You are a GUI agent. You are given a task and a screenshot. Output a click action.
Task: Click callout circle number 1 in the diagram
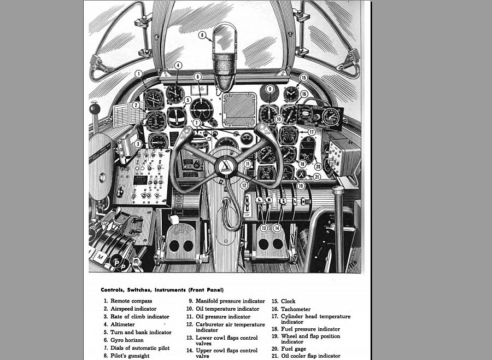(x=139, y=73)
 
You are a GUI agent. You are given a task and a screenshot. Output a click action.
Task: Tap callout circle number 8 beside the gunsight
(x=202, y=36)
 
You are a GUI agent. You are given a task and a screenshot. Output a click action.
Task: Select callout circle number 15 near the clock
(x=304, y=78)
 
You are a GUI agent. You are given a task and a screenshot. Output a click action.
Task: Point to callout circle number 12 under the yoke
(x=244, y=185)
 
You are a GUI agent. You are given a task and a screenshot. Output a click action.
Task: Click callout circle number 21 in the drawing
(x=317, y=177)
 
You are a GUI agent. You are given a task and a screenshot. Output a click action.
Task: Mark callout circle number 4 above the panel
(x=178, y=65)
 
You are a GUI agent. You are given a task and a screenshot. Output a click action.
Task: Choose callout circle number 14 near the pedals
(x=277, y=228)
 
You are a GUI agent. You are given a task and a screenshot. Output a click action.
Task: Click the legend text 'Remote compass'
(x=131, y=301)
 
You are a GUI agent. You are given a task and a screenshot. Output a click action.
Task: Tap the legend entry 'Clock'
(x=288, y=301)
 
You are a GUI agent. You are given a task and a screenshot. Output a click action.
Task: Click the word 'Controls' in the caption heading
(x=114, y=289)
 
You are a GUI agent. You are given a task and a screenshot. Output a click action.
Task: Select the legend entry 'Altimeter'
(x=122, y=324)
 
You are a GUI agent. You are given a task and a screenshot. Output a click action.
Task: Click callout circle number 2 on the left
(x=135, y=105)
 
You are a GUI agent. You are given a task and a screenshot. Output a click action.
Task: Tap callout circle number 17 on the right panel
(x=311, y=132)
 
